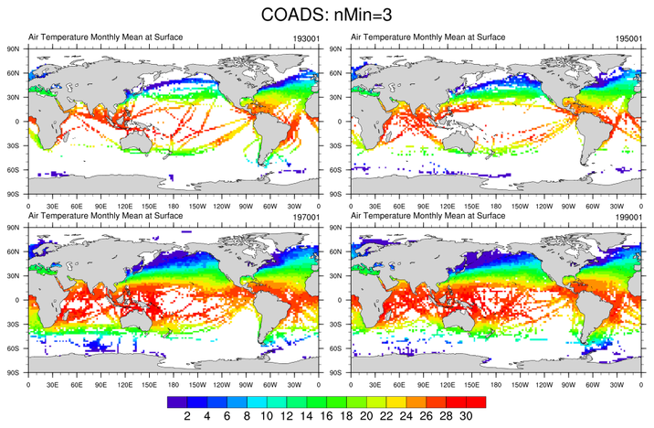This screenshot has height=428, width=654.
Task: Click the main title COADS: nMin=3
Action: coord(327,15)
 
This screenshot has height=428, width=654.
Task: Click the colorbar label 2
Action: coord(187,416)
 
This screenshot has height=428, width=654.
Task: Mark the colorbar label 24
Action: coord(406,416)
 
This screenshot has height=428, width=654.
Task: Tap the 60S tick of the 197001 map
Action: coord(15,348)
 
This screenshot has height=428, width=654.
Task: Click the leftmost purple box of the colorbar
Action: coord(177,401)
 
